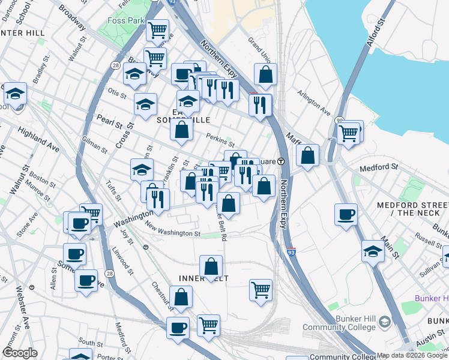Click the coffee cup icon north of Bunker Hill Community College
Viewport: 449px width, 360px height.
345,214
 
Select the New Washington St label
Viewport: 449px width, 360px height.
172,231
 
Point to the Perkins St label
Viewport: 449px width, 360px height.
220,140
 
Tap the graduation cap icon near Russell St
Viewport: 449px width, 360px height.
373,250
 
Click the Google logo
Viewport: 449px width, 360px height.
20,353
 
